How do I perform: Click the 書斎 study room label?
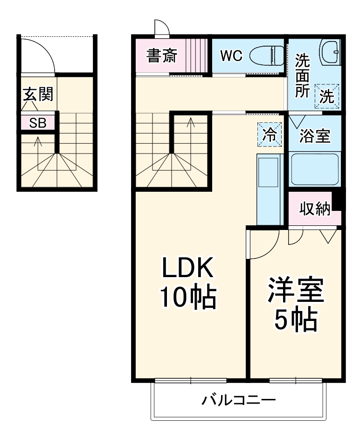click(x=162, y=56)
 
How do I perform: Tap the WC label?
click(x=231, y=56)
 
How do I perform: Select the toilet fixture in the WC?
click(x=267, y=56)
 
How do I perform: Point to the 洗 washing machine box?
click(x=327, y=97)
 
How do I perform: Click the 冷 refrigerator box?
click(x=270, y=134)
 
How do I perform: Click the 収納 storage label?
click(x=315, y=209)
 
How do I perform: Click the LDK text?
click(x=187, y=268)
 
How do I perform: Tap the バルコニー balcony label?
click(x=239, y=400)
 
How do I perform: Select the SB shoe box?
click(x=38, y=123)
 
